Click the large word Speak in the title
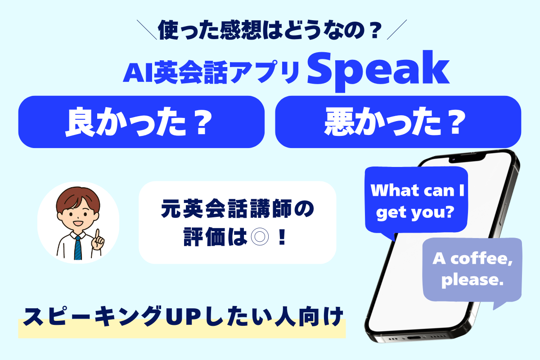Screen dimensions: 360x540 378,71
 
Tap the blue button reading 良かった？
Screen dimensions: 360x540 141,122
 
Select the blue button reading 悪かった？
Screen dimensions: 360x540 398,122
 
